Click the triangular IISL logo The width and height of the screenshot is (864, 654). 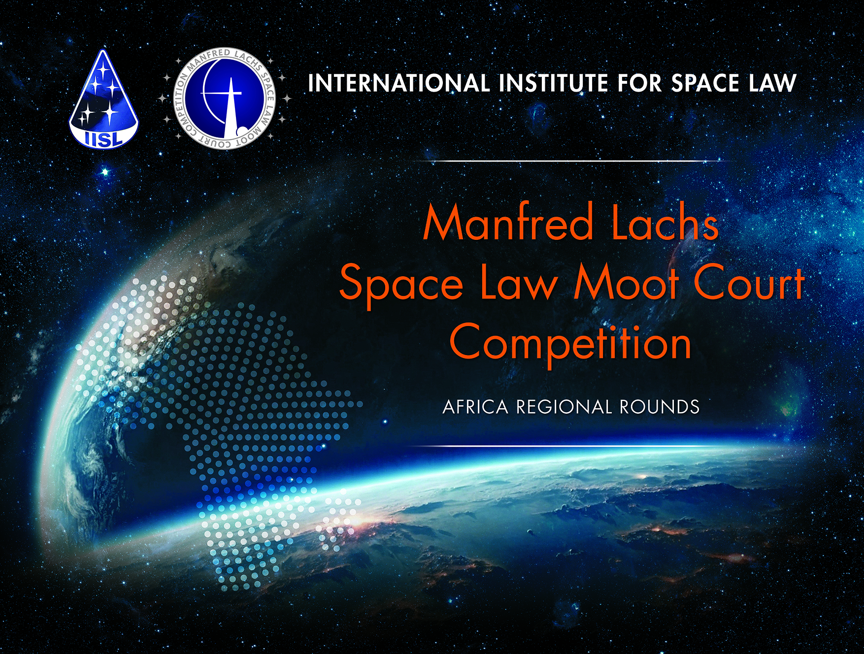[103, 98]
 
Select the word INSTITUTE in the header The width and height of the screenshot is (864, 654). [553, 83]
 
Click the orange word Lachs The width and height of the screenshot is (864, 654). [665, 224]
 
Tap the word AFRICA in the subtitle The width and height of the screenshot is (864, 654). [475, 407]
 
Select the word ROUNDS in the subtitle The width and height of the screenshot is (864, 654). [660, 407]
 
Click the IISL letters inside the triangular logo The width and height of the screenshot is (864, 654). [103, 139]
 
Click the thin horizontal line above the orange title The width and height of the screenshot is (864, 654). [571, 161]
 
